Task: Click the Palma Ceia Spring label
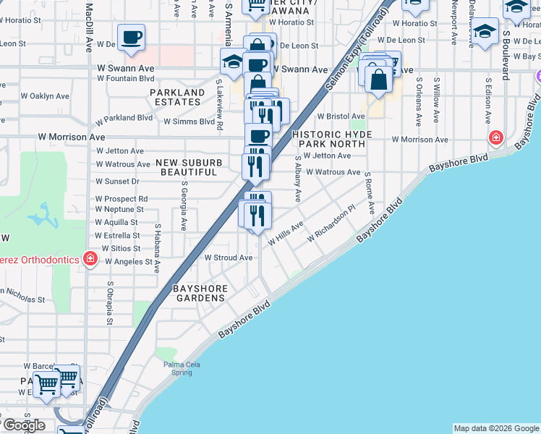click(176, 368)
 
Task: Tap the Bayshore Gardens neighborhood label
click(201, 293)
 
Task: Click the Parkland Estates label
click(177, 98)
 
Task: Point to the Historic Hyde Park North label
click(332, 140)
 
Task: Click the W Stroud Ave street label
click(228, 258)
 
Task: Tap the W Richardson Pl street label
click(331, 224)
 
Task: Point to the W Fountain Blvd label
click(126, 78)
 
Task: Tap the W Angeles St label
click(127, 262)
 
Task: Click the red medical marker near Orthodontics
click(90, 258)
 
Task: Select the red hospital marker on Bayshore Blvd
click(496, 137)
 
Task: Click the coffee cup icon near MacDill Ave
click(131, 38)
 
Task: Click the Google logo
click(23, 425)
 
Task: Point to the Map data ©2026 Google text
click(496, 428)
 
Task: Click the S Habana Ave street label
click(157, 247)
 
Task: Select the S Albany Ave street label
click(297, 179)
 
